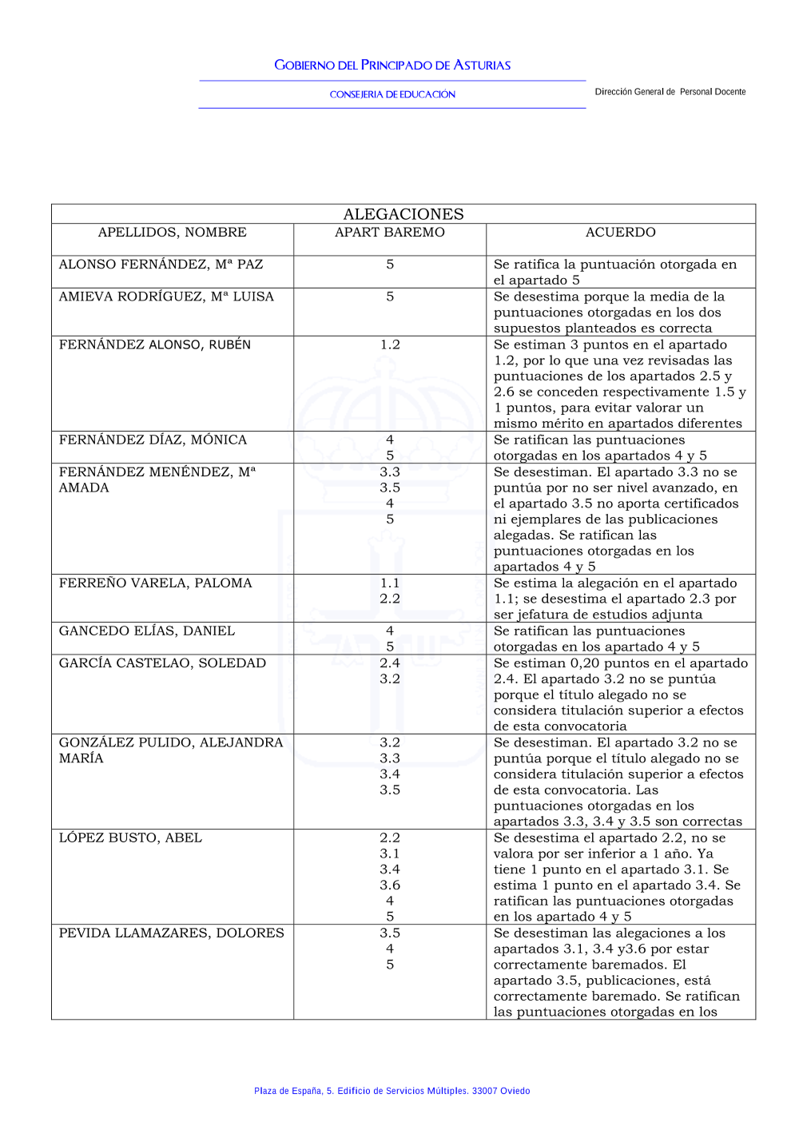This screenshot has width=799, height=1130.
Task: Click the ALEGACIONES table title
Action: (403, 214)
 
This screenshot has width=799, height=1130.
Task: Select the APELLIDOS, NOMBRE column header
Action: (172, 233)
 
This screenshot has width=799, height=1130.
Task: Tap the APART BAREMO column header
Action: (390, 233)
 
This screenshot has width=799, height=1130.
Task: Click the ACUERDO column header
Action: (620, 233)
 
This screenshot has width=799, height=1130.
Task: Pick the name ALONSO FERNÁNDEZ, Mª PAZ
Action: (161, 265)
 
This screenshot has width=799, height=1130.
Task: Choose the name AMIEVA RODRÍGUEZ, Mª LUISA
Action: (166, 296)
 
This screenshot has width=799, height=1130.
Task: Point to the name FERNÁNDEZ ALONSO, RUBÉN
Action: (155, 344)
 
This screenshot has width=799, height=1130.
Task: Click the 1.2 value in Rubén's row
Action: (390, 344)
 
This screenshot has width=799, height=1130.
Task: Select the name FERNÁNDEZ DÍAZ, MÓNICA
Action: (153, 440)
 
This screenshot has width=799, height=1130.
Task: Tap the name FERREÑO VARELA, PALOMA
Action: (155, 583)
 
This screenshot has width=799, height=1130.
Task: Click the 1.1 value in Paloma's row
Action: (390, 583)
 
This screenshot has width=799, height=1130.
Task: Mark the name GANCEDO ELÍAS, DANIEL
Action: (147, 631)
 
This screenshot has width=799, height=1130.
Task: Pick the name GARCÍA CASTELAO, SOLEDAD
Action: (162, 662)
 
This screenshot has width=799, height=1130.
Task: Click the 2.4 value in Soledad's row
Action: (390, 662)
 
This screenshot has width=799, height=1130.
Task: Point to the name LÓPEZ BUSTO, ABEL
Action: (130, 838)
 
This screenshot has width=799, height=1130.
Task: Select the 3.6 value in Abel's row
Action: (390, 885)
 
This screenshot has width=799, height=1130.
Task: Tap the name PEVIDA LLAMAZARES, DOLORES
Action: (171, 933)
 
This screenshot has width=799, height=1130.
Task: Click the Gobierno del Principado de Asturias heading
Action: (392, 66)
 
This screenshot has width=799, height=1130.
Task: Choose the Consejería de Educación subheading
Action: (392, 94)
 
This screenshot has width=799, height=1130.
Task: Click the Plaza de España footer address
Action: (392, 1091)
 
